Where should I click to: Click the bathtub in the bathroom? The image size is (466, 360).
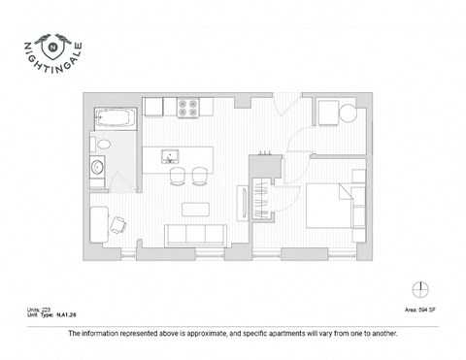click(115, 120)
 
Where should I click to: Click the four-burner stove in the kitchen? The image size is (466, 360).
click(188, 107)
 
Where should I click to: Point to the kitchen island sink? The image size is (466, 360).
click(170, 155)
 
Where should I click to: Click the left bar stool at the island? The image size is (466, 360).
click(178, 175)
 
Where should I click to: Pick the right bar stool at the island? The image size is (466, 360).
click(199, 175)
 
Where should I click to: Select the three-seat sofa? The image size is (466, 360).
click(197, 236)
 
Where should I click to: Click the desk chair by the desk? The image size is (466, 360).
click(118, 224)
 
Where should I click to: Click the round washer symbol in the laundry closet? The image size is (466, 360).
click(347, 114)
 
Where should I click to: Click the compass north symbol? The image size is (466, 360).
click(419, 288)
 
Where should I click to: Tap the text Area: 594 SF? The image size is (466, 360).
click(418, 310)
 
